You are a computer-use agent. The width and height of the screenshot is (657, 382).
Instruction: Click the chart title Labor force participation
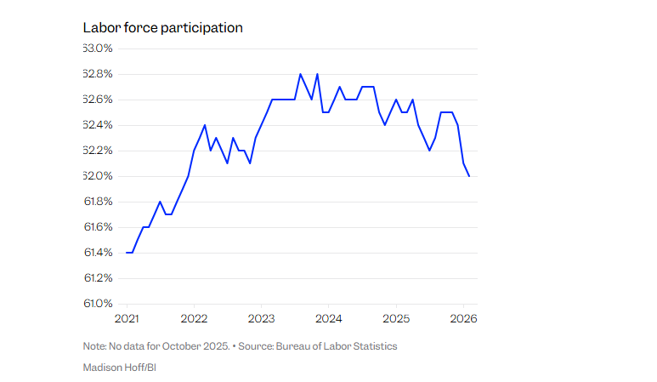click(x=162, y=28)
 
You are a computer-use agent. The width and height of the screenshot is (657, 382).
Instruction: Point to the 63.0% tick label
click(x=99, y=48)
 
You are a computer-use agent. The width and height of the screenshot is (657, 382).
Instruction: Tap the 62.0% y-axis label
click(x=99, y=176)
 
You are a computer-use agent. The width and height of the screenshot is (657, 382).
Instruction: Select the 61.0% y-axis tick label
click(x=99, y=303)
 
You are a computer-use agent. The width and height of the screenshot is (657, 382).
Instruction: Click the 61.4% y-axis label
click(x=99, y=253)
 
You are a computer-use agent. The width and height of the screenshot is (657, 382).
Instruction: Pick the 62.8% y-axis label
click(x=99, y=74)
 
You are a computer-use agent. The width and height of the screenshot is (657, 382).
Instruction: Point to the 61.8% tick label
click(x=99, y=202)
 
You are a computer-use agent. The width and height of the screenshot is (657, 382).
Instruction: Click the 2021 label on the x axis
click(x=127, y=319)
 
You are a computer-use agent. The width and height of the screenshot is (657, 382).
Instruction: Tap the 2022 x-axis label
click(x=195, y=319)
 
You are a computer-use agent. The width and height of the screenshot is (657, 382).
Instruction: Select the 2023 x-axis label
click(x=262, y=319)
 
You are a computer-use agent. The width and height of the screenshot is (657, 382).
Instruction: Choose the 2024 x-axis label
click(x=329, y=319)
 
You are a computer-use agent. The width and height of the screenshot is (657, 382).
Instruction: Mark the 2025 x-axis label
click(x=396, y=319)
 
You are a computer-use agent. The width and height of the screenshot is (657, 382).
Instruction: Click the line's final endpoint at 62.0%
click(x=469, y=176)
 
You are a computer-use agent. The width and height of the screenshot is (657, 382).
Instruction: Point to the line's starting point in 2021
click(x=127, y=253)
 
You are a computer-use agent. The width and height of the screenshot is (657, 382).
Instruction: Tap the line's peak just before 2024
click(x=317, y=74)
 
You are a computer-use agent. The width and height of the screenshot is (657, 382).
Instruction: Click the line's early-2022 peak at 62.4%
click(x=205, y=125)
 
